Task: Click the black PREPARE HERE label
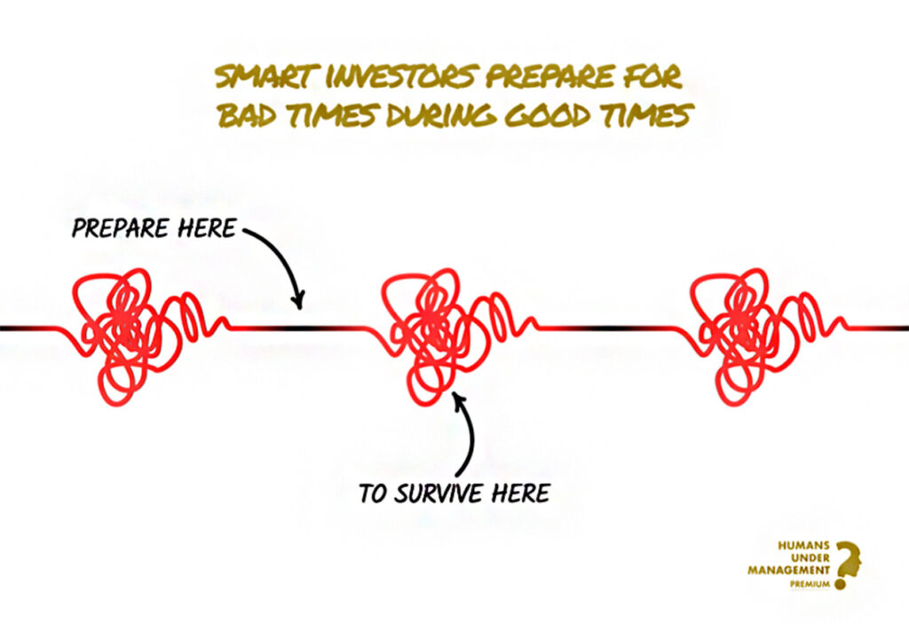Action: pos(154,228)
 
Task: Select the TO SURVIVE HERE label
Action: pos(454,494)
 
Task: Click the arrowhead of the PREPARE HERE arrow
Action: pos(298,302)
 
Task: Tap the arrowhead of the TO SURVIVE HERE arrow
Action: pos(459,399)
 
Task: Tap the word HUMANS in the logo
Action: pos(803,546)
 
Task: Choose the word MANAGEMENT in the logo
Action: pos(788,570)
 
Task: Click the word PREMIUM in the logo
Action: pos(810,585)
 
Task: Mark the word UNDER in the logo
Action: pos(810,558)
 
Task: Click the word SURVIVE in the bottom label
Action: pos(439,494)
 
